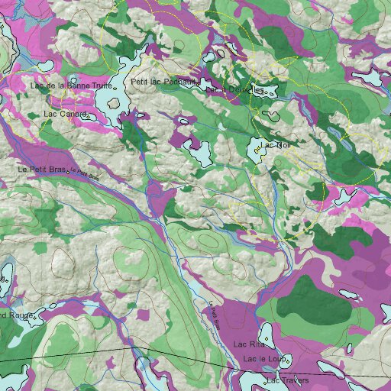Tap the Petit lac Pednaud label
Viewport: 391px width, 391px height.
click(x=163, y=82)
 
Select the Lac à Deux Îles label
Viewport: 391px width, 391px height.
click(x=236, y=90)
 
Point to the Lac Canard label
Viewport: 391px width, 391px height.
click(x=66, y=115)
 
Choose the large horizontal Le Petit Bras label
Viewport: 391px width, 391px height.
click(x=42, y=169)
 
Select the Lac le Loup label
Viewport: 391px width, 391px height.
click(x=263, y=359)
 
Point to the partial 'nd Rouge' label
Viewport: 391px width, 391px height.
click(x=15, y=315)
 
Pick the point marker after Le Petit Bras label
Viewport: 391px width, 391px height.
click(x=69, y=171)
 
